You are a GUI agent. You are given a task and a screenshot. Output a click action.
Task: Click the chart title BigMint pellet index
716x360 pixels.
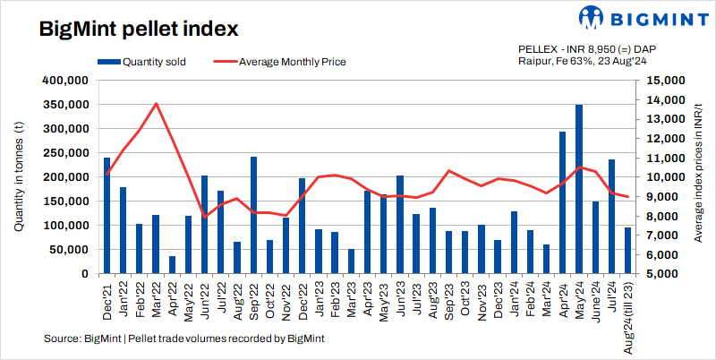[x=138, y=29]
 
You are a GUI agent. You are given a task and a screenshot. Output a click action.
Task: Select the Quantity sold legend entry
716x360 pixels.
[x=148, y=62]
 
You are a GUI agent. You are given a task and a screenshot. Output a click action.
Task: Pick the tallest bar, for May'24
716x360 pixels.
[x=579, y=189]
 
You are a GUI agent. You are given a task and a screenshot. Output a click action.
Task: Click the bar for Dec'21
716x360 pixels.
[x=107, y=216]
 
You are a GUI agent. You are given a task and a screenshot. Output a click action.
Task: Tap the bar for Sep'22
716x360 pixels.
[x=254, y=215]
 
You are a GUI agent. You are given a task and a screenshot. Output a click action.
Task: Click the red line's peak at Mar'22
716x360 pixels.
[x=157, y=103]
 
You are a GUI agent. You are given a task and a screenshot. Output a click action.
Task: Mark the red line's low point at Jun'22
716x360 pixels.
[x=205, y=217]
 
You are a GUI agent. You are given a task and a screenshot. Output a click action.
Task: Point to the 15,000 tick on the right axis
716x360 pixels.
[x=663, y=81]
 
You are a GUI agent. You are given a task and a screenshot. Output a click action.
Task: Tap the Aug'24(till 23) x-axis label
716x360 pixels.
[x=628, y=315]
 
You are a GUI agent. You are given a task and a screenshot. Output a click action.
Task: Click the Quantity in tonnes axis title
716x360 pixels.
[x=19, y=176]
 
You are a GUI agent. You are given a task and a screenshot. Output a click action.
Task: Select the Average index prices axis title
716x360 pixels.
[x=696, y=176]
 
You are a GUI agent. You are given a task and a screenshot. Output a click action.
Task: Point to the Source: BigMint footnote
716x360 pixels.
[x=183, y=339]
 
